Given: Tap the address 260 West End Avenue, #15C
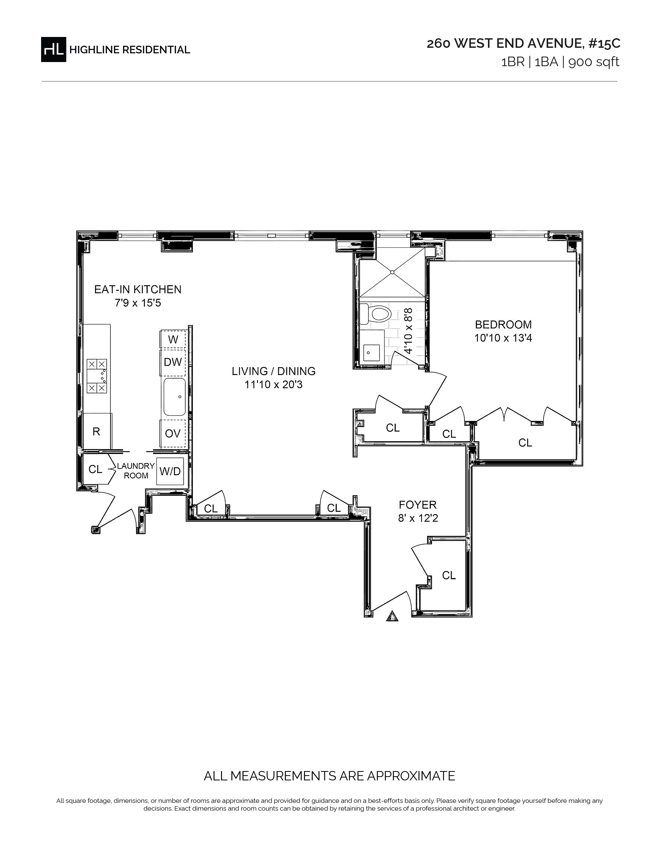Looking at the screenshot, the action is [523, 44].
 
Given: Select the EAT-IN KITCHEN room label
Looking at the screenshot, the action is [138, 290].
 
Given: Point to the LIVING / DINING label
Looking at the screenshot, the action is [274, 371].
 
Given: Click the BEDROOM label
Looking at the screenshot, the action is [503, 325].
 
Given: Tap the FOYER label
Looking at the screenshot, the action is [418, 505].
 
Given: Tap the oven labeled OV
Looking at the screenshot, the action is [173, 433].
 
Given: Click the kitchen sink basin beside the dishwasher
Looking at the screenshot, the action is [174, 397].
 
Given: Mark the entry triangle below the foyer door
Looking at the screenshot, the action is [392, 616].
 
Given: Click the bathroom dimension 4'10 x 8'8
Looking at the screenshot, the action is [408, 330].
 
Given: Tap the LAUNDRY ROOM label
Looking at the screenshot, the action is [136, 471].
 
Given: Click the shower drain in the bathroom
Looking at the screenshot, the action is [392, 272].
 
